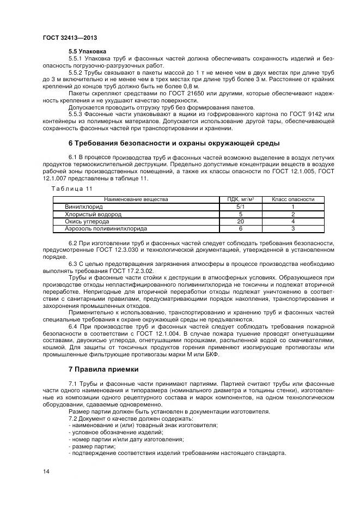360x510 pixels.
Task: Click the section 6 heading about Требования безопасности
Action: click(174, 143)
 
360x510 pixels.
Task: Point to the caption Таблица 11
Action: click(72, 188)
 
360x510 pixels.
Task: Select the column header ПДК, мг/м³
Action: click(241, 199)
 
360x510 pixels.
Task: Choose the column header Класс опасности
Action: click(293, 199)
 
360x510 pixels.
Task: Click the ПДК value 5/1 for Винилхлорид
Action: click(241, 207)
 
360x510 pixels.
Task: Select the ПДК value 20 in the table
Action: click(241, 222)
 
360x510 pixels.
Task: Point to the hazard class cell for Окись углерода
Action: click(293, 222)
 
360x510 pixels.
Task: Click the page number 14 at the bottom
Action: click(47, 471)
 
